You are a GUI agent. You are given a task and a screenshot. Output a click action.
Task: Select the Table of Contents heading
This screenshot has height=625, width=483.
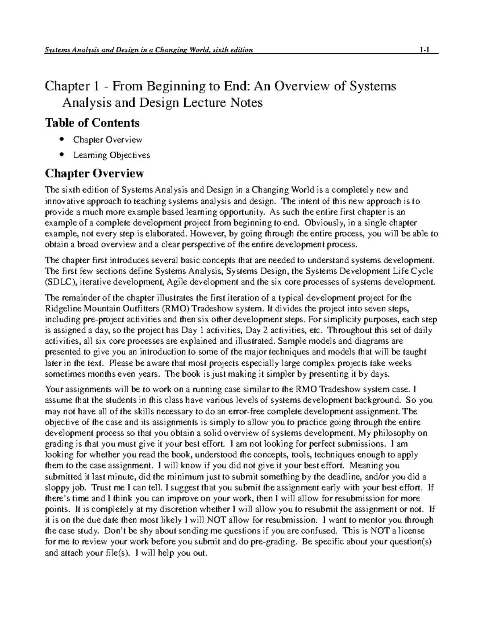[92, 122]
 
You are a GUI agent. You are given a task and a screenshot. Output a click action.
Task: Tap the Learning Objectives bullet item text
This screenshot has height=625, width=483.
[111, 155]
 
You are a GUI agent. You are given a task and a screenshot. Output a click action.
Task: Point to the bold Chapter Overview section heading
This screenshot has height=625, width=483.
[94, 173]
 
